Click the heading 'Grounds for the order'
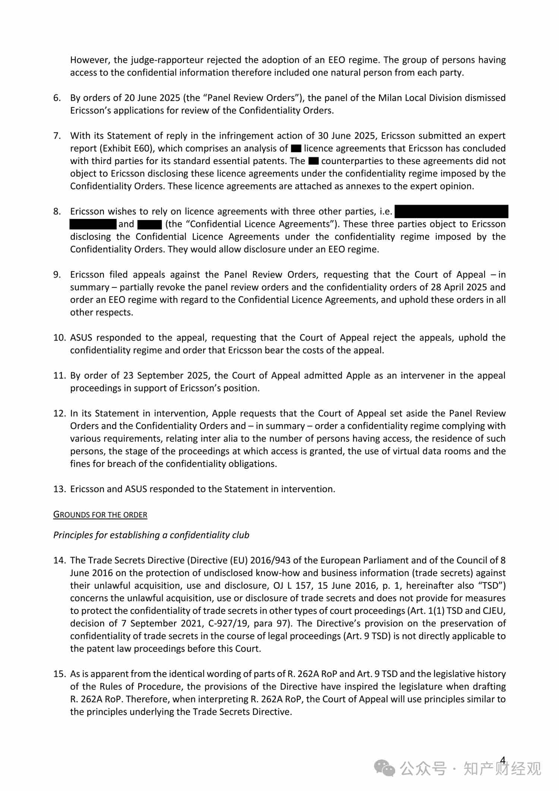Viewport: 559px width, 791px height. coord(100,515)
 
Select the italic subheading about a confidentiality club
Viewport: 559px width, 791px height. coord(151,535)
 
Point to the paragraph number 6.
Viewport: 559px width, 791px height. coord(57,98)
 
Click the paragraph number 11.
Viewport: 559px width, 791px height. coord(59,375)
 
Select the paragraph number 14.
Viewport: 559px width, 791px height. coord(59,560)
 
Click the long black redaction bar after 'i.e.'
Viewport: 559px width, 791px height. coord(451,211)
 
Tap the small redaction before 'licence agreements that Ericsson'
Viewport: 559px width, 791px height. coord(296,148)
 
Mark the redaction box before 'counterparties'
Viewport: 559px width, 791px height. coord(313,161)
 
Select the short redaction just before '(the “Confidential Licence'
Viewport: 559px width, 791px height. coord(149,224)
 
